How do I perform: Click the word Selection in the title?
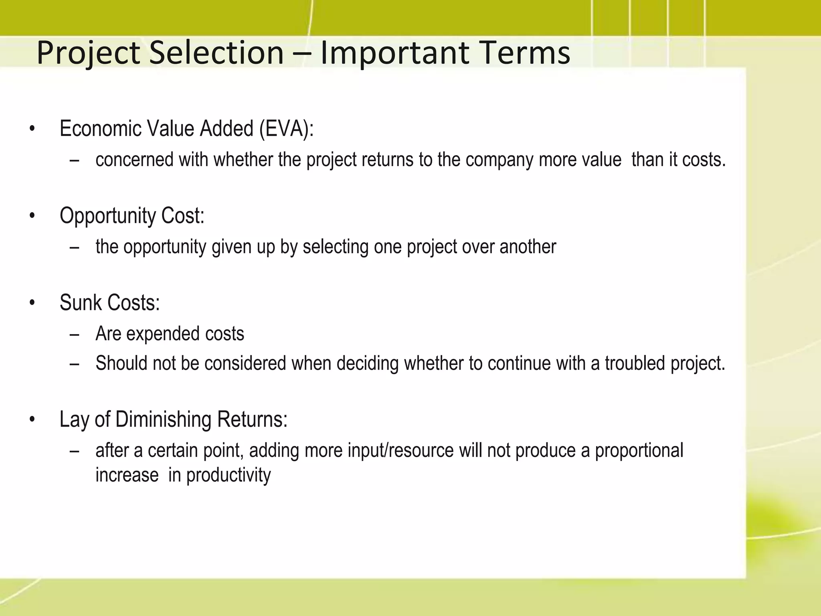pos(216,53)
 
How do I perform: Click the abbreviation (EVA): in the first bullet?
pos(286,129)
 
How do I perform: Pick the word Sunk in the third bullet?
pos(78,303)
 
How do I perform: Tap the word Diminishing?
pos(163,420)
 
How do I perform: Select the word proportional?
pos(639,450)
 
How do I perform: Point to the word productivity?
pos(229,475)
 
